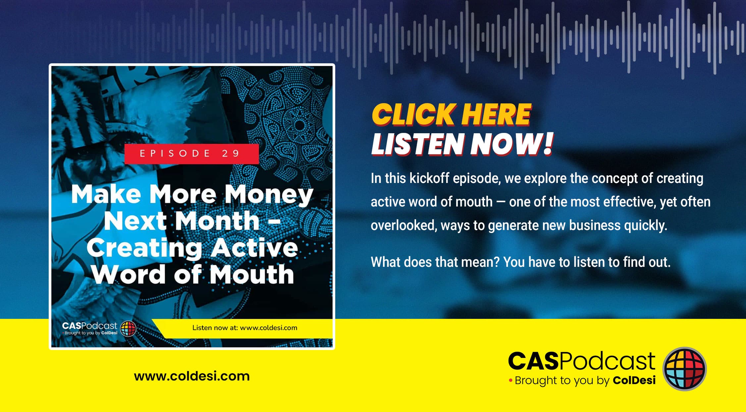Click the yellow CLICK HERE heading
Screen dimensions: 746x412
point(452,114)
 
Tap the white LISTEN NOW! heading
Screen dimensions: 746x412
point(462,144)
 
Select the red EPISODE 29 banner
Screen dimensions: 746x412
point(191,154)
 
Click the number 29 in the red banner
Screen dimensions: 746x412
point(231,153)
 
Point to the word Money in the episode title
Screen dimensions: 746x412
point(269,195)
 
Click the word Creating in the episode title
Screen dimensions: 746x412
point(144,248)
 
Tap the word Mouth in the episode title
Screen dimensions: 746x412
point(252,275)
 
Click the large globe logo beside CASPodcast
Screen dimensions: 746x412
point(684,369)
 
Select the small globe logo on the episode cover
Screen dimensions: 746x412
point(128,329)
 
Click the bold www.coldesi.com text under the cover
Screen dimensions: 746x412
point(192,376)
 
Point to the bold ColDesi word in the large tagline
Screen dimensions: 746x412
point(634,380)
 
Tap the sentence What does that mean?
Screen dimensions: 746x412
point(435,262)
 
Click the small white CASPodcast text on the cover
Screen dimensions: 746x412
point(89,326)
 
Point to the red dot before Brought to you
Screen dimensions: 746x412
point(510,380)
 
